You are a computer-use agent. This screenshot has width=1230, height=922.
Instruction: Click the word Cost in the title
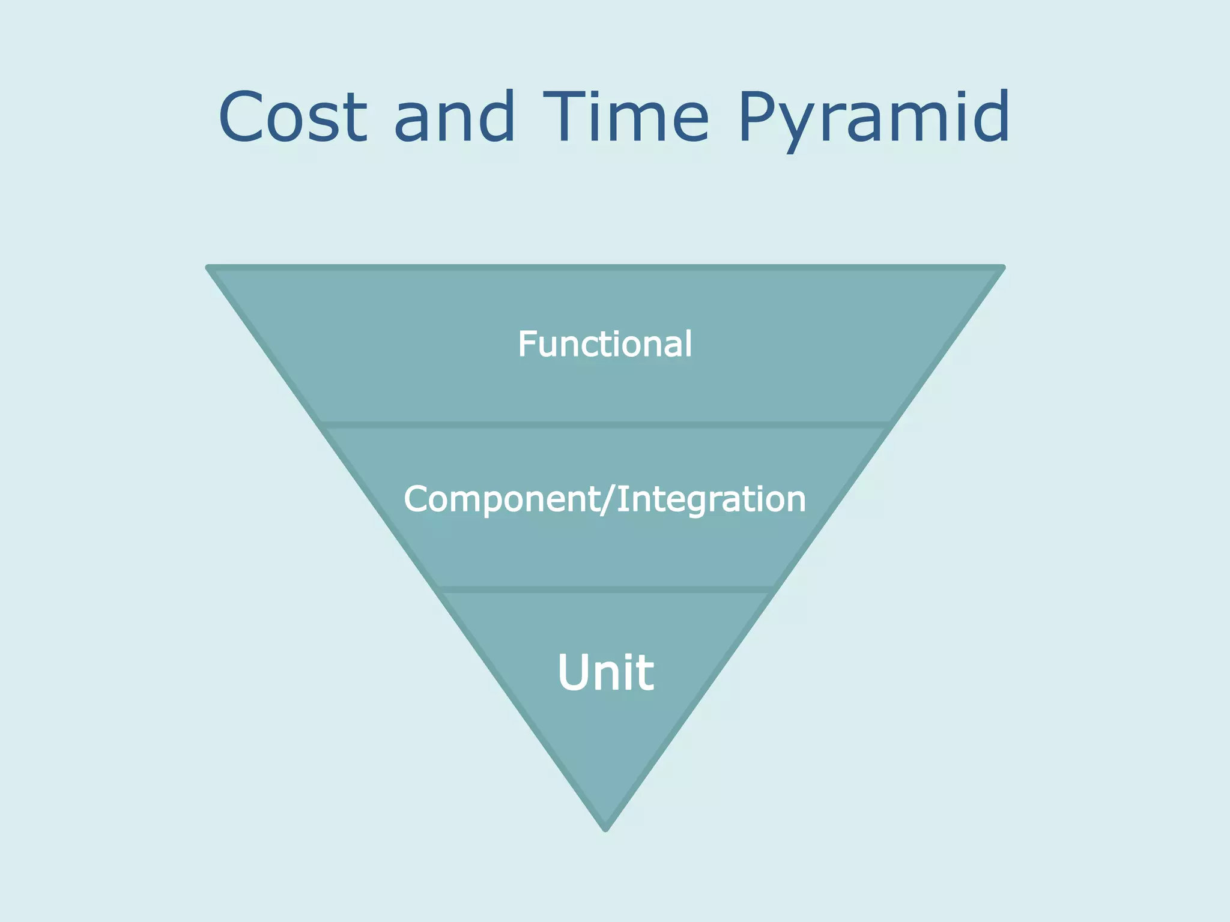pyautogui.click(x=292, y=117)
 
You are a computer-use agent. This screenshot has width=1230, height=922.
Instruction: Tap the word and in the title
pyautogui.click(x=455, y=117)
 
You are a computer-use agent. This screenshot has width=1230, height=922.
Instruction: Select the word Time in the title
pyautogui.click(x=626, y=117)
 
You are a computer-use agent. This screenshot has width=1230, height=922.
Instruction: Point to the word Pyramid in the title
pyautogui.click(x=874, y=117)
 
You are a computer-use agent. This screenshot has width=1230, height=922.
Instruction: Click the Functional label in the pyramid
pyautogui.click(x=605, y=345)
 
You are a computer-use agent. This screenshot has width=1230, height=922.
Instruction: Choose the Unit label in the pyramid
pyautogui.click(x=605, y=673)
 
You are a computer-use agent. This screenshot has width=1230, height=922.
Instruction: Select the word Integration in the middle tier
pyautogui.click(x=711, y=499)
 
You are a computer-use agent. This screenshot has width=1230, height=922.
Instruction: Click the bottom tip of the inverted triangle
pyautogui.click(x=606, y=828)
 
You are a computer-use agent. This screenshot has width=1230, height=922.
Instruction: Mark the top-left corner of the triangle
pyautogui.click(x=210, y=268)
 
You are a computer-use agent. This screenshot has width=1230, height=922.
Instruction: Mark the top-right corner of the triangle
pyautogui.click(x=1001, y=268)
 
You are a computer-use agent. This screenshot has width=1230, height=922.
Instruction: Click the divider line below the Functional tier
pyautogui.click(x=605, y=425)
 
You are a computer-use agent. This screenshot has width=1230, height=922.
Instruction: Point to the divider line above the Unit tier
pyautogui.click(x=605, y=589)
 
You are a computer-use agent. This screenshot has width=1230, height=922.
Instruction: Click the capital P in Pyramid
pyautogui.click(x=758, y=117)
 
